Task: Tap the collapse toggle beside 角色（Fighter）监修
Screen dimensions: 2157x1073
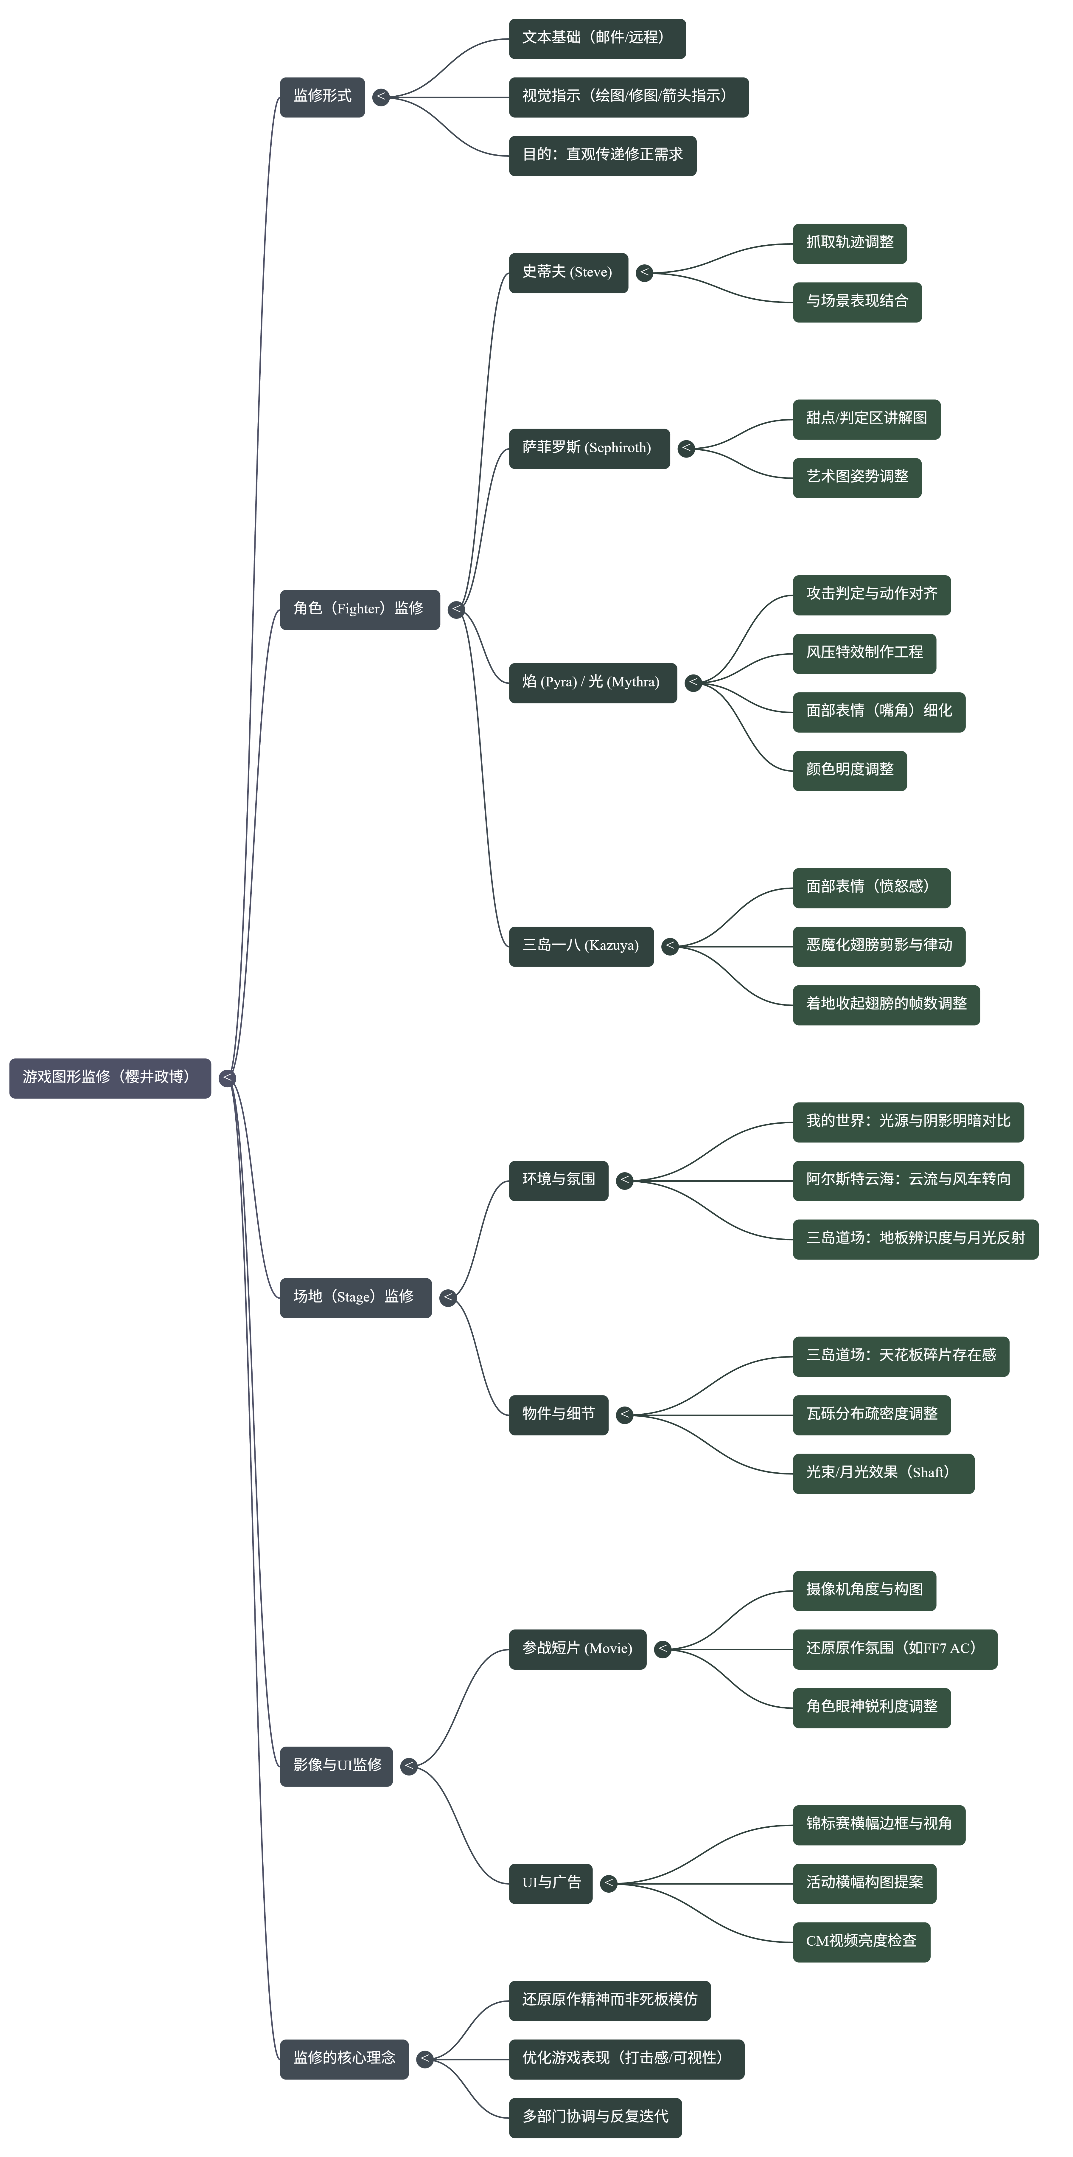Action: [456, 610]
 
